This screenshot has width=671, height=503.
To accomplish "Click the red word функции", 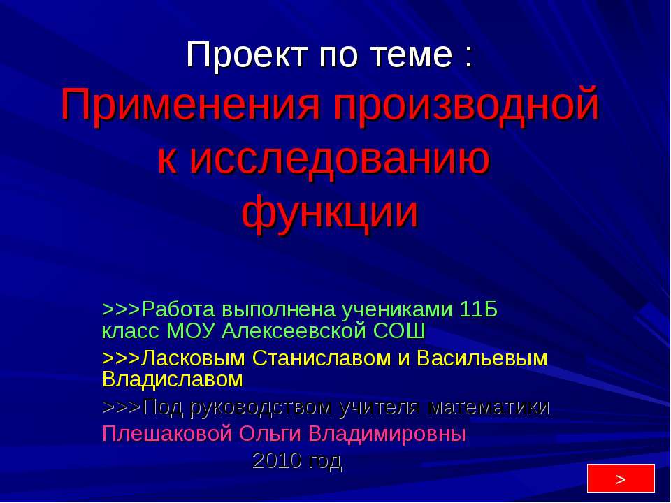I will pyautogui.click(x=330, y=212).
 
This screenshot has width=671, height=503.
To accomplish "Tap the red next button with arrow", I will pyautogui.click(x=620, y=479).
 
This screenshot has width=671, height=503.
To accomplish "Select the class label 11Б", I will pyautogui.click(x=479, y=309).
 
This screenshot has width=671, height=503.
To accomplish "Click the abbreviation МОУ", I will pyautogui.click(x=193, y=330).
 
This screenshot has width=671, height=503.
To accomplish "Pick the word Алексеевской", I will pyautogui.click(x=294, y=330).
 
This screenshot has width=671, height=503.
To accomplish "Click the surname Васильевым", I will pyautogui.click(x=482, y=358).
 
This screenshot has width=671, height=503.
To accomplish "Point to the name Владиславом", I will pyautogui.click(x=173, y=379).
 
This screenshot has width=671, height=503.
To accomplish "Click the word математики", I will pyautogui.click(x=489, y=407).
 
